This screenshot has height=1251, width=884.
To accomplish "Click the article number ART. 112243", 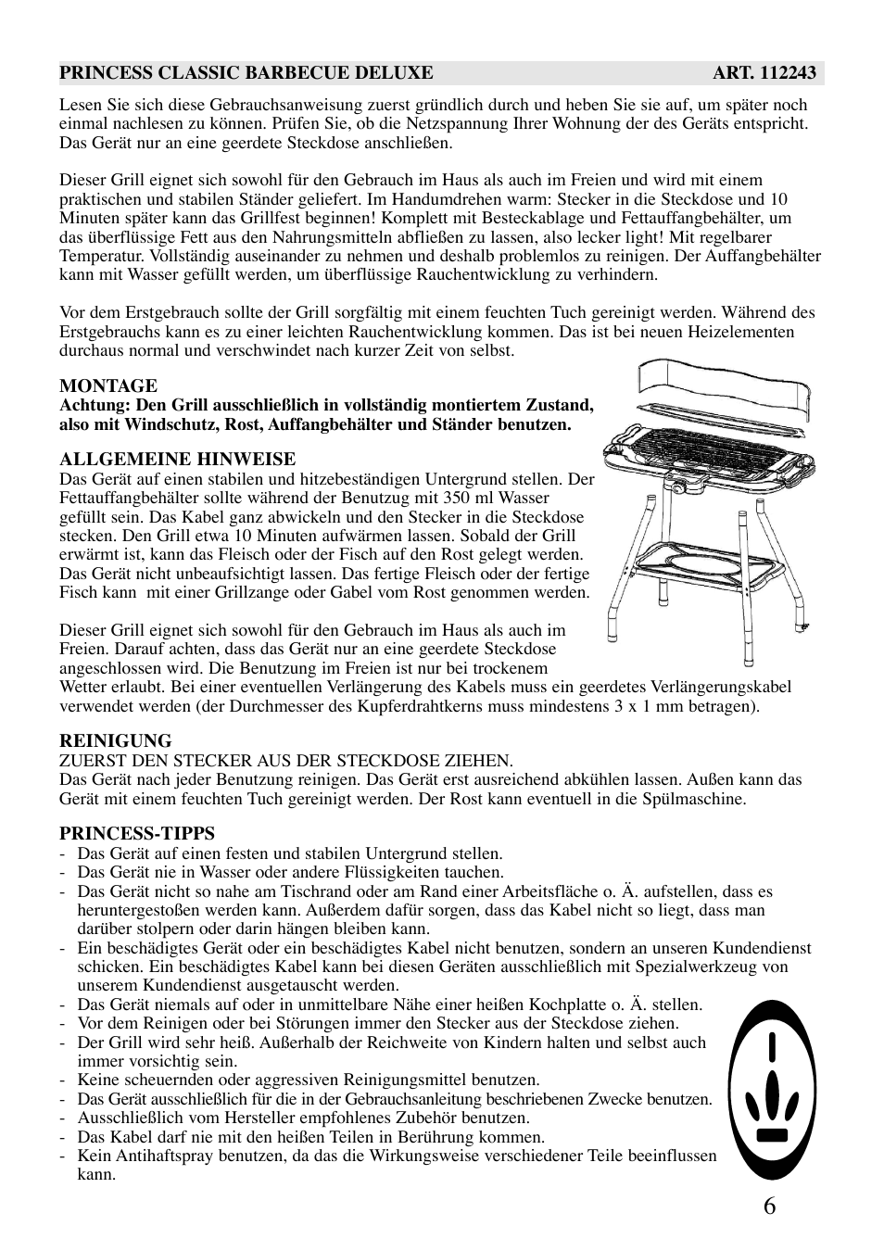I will (764, 73).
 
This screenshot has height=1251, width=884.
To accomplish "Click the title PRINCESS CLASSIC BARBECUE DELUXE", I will (246, 73).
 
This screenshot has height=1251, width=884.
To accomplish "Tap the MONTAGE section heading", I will (108, 385).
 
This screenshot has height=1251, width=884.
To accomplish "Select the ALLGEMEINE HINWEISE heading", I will (178, 459).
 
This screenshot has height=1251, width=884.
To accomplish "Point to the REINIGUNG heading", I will (116, 740).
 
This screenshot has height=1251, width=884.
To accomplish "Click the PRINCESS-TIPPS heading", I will (137, 833).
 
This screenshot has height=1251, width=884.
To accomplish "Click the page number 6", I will (771, 1206).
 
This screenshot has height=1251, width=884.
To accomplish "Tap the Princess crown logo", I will (772, 1090).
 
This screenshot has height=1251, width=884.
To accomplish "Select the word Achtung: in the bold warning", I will (95, 405).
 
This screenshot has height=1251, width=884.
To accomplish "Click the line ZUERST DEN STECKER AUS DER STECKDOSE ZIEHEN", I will (286, 760).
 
